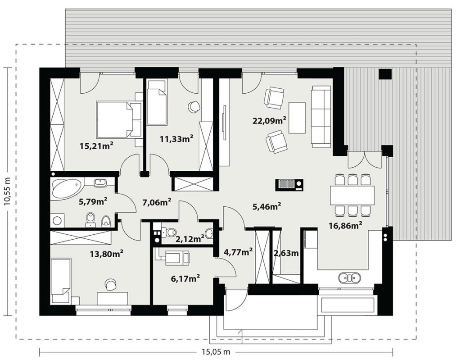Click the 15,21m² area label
click(96, 146)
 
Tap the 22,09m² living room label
click(270, 120)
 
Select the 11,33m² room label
click(176, 138)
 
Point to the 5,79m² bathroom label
click(93, 202)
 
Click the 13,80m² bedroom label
click(106, 253)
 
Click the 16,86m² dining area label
click(344, 226)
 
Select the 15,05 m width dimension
click(216, 351)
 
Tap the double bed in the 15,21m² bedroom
click(118, 119)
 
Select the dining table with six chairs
click(353, 195)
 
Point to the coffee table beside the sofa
click(297, 118)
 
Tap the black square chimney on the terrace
click(385, 74)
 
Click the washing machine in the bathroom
click(56, 220)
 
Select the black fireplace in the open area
click(289, 185)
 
